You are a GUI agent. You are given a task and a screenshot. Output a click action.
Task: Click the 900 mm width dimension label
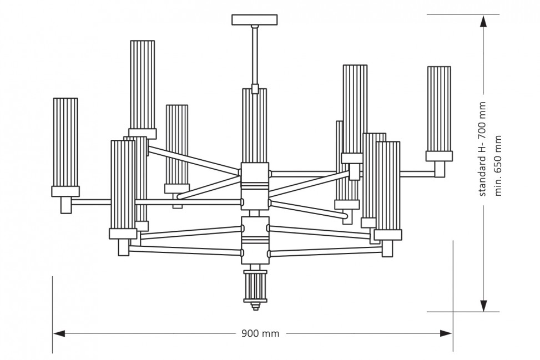260,333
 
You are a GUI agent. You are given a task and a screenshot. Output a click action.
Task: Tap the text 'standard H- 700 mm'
482,149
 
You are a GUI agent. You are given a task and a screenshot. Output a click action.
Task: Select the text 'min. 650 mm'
498,165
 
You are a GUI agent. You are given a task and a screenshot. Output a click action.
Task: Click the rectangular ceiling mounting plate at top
255,19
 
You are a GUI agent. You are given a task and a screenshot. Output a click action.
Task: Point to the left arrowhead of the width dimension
59,333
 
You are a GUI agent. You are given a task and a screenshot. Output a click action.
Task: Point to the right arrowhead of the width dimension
446,333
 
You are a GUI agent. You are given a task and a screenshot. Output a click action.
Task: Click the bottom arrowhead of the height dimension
483,305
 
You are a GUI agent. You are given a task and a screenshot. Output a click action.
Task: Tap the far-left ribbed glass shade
65,142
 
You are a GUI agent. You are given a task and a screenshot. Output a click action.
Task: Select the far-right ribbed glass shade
439,109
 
